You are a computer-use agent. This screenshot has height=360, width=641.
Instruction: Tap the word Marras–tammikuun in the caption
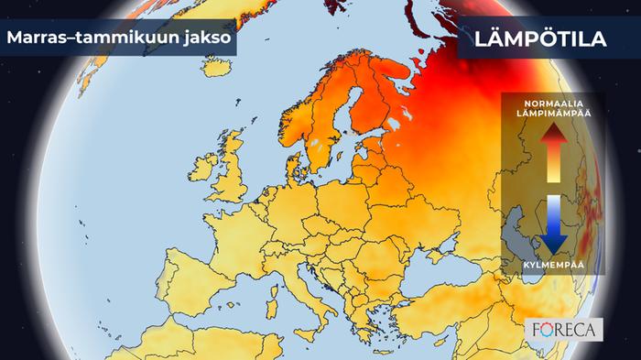coord(87,39)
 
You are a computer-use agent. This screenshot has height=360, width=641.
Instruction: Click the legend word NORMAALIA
coord(552,103)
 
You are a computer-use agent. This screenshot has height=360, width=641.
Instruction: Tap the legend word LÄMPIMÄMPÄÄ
coord(552,113)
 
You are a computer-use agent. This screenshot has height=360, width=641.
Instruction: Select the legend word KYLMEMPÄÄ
coord(552,264)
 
